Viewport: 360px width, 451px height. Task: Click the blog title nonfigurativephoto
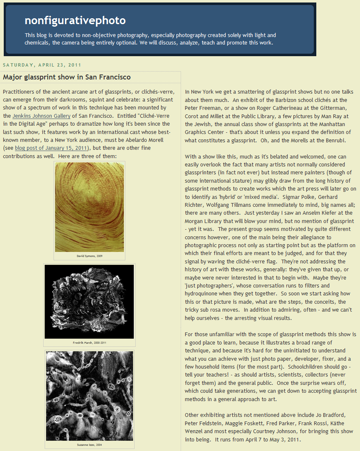[75, 20]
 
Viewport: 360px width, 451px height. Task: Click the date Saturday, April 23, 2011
[42, 65]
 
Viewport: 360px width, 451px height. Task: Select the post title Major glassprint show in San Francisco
[67, 77]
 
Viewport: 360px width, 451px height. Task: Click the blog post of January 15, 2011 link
[51, 148]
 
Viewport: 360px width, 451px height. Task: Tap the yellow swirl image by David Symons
[89, 207]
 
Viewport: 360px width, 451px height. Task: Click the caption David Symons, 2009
[89, 256]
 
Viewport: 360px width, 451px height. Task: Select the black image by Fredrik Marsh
[89, 302]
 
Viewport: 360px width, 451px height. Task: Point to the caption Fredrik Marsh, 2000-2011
[89, 343]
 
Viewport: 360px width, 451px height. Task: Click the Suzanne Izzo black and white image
[89, 396]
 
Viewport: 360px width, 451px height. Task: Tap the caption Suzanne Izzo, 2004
[89, 445]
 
